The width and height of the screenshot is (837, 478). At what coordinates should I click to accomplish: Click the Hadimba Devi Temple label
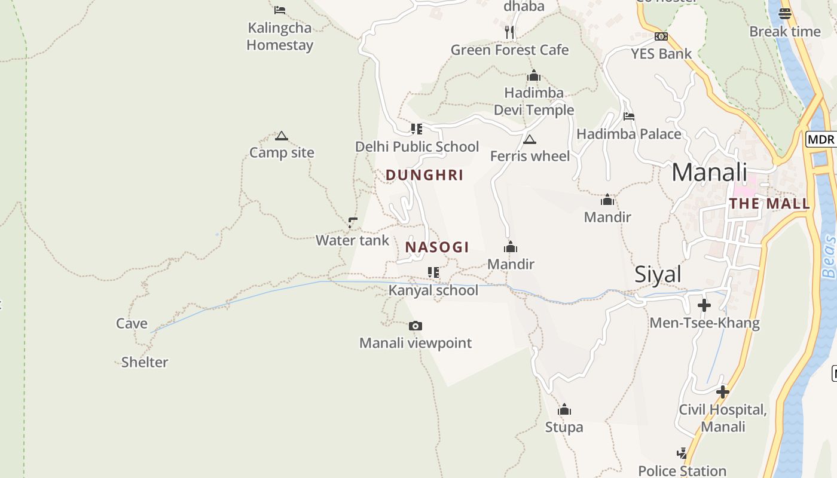(534, 102)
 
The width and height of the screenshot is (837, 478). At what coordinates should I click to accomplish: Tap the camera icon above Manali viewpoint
(416, 326)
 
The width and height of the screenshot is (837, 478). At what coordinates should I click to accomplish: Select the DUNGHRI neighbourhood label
(424, 175)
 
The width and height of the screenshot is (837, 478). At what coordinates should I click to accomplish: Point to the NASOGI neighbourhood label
(437, 247)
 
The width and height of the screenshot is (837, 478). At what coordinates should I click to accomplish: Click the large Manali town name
(709, 172)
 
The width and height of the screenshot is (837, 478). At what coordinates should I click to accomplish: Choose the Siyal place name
(658, 274)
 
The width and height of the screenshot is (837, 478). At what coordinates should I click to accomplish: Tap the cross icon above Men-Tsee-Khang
(704, 305)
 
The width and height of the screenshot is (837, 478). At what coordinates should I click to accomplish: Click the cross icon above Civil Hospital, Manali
(723, 392)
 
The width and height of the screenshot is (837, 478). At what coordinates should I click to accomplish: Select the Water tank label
(352, 240)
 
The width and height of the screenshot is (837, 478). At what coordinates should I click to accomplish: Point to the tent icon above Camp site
(282, 136)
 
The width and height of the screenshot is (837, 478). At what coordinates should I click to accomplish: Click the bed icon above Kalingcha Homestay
(280, 10)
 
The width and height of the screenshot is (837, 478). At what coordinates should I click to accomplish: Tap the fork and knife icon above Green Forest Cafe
(509, 32)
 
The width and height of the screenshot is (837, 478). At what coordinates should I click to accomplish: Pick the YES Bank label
(661, 54)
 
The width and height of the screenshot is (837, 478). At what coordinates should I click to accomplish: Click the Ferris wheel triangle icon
(529, 140)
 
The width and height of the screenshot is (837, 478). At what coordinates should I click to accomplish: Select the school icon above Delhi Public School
(417, 128)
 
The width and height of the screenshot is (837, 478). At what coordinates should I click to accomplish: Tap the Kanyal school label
(433, 290)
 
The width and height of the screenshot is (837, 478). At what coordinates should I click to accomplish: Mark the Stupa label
(564, 427)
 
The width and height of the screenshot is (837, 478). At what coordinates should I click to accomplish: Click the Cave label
(132, 324)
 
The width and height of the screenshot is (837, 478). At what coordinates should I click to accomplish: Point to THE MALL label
(769, 204)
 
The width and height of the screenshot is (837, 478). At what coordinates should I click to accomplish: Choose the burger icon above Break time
(785, 13)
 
